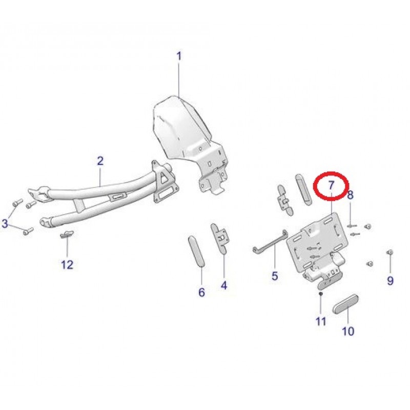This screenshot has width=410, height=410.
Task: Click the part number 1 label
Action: click(179, 56)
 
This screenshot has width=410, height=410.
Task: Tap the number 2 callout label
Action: click(100, 161)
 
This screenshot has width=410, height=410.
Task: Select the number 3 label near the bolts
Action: click(5, 224)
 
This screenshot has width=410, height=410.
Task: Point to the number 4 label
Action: click(224, 285)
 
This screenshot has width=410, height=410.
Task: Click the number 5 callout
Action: click(275, 276)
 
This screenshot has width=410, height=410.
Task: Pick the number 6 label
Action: click(201, 292)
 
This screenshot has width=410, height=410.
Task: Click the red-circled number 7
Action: click(331, 186)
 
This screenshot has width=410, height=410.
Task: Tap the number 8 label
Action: click(350, 195)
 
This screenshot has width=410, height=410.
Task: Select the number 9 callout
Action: click(390, 281)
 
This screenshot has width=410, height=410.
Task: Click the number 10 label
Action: click(348, 331)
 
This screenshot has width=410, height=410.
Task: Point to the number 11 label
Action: click(321, 322)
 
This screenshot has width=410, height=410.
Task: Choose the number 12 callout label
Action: click(67, 264)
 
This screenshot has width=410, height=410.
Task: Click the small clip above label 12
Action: click(67, 234)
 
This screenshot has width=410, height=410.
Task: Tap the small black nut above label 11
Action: click(321, 294)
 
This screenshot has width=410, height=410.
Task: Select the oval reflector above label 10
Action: click(345, 303)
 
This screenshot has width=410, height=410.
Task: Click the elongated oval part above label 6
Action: click(196, 252)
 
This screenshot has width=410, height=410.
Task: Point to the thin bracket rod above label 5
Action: click(270, 242)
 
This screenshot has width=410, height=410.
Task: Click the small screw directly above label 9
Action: click(390, 252)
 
